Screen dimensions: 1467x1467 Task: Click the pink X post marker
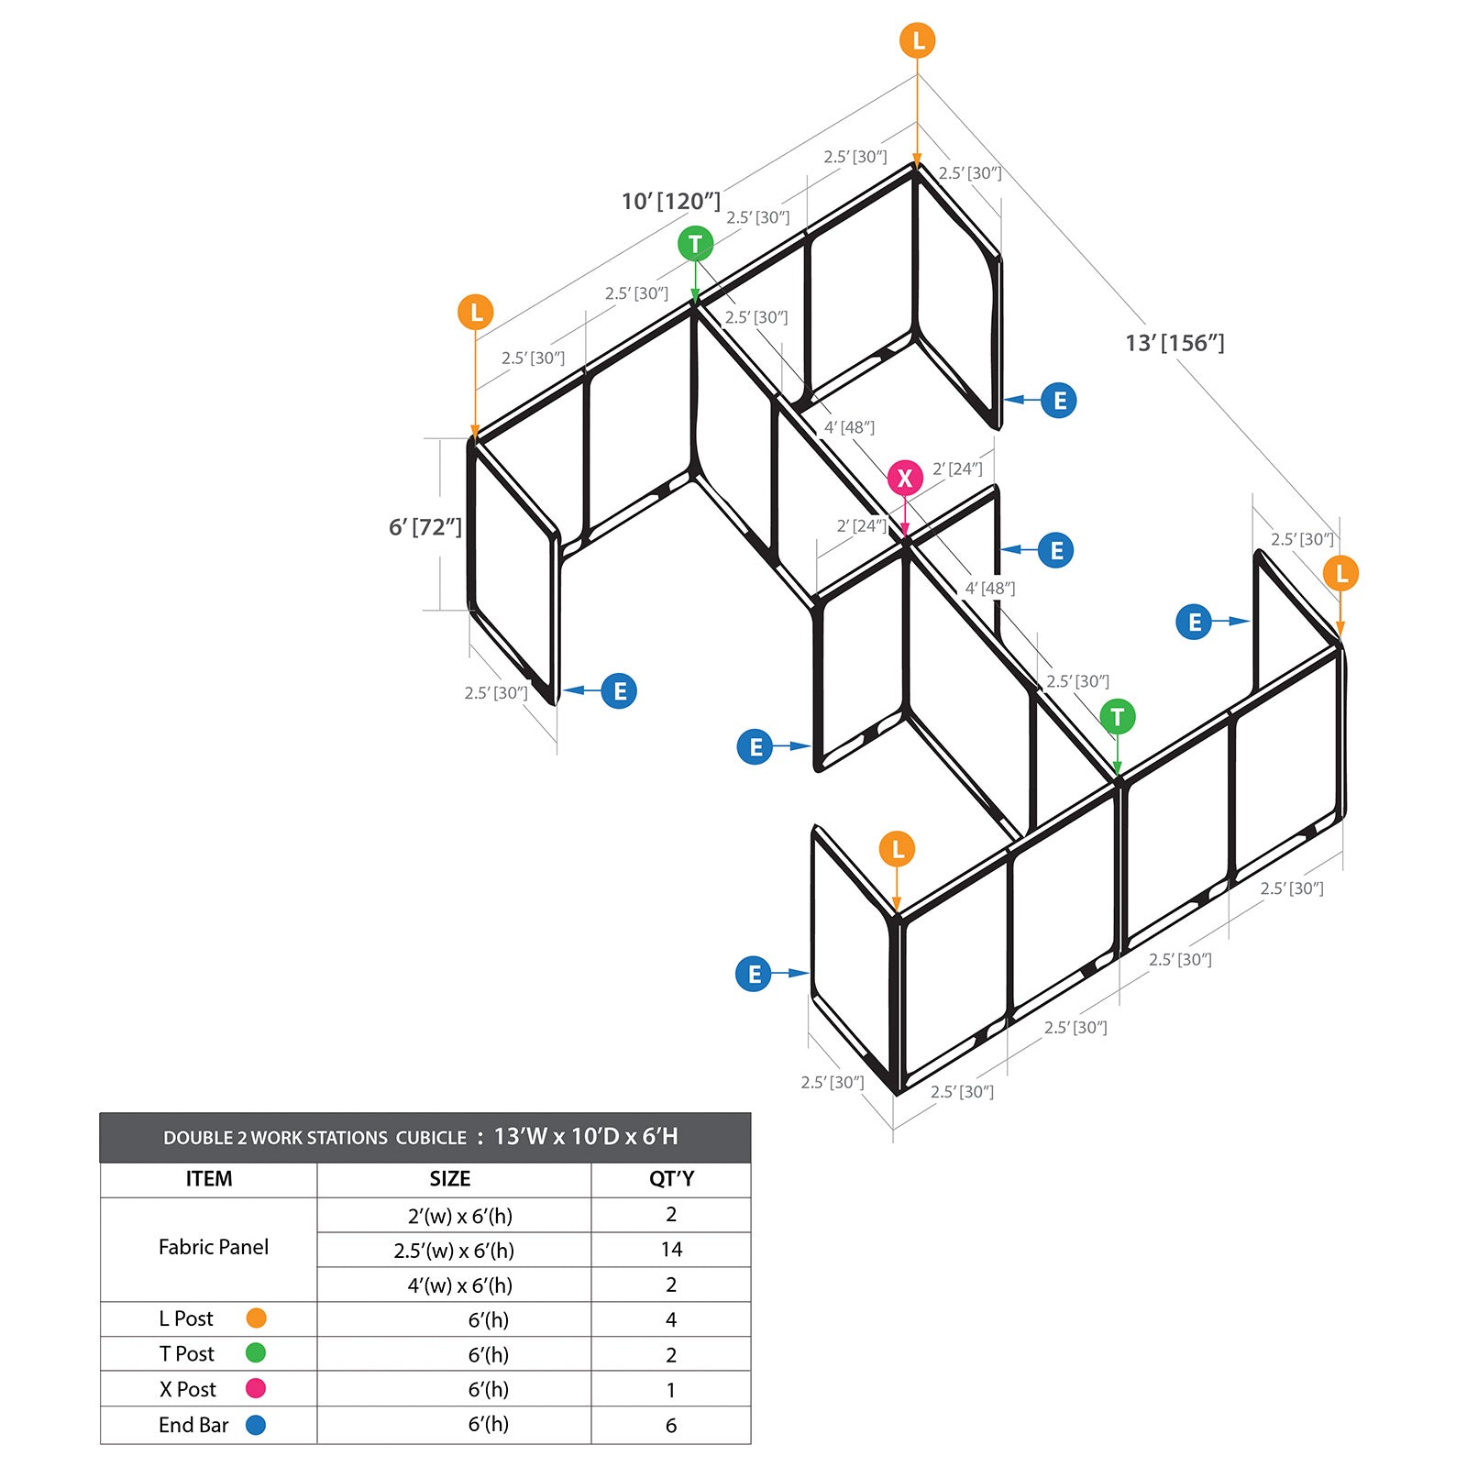[905, 478]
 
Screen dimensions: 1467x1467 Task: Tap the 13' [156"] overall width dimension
[1175, 343]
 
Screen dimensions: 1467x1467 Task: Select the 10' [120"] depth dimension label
[671, 201]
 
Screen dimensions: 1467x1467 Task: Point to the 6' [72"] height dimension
[425, 527]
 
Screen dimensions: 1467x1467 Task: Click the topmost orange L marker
[918, 41]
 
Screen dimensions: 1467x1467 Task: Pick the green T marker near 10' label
[695, 244]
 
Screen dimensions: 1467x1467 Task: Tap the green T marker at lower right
[1117, 717]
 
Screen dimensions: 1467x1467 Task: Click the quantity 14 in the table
[671, 1250]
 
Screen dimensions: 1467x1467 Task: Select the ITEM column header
[209, 1179]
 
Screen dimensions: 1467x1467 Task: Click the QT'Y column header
[671, 1179]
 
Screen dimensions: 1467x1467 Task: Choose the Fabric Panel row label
[214, 1247]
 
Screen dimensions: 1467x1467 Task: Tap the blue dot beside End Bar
[256, 1425]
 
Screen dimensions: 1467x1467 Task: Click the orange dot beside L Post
[256, 1318]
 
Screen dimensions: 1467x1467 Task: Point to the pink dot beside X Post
[256, 1388]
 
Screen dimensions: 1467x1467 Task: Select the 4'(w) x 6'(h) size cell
[460, 1285]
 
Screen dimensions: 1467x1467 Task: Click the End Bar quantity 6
[671, 1426]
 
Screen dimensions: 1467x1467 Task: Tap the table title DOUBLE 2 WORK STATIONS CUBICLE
[314, 1138]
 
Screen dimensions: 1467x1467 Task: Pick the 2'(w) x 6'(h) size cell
[460, 1216]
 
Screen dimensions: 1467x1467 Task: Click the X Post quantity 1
[671, 1390]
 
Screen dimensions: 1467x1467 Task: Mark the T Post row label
[187, 1354]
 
